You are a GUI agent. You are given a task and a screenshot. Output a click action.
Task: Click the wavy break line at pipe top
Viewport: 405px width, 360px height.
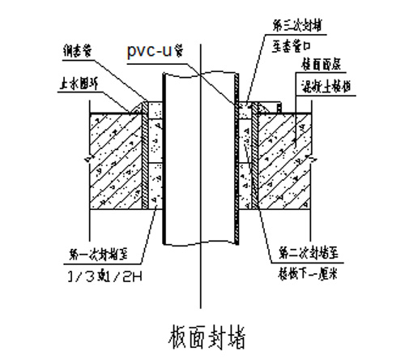[199, 73]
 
